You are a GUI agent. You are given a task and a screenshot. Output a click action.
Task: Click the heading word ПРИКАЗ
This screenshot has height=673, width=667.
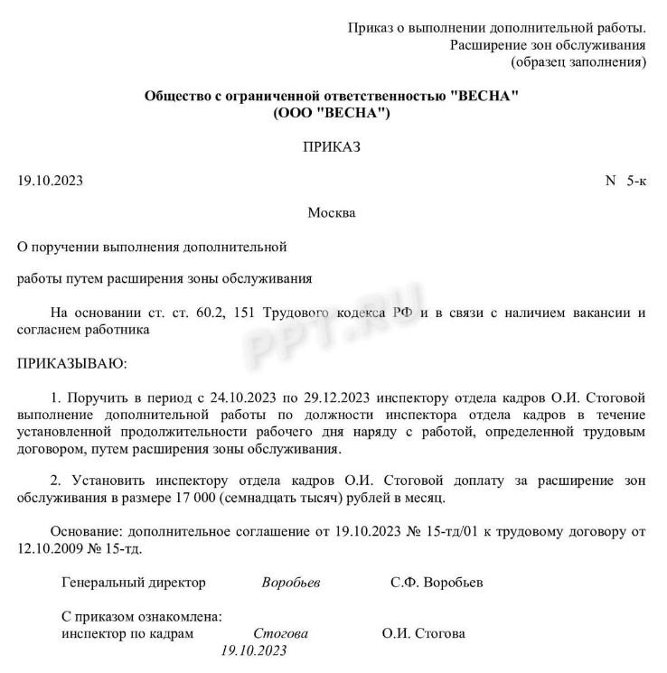[332, 148]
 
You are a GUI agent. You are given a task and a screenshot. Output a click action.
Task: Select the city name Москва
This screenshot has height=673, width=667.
[332, 213]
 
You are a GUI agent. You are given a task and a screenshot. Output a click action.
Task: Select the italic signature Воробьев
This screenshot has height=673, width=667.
[290, 583]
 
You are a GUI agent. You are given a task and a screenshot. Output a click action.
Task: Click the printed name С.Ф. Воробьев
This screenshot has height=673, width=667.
[437, 583]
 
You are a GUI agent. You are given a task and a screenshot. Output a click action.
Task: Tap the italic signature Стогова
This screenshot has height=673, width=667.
[280, 633]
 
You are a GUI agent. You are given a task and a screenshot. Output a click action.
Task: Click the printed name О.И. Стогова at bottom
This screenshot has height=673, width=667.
[424, 633]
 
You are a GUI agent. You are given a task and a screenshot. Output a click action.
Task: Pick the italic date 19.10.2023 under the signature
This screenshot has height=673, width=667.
[253, 650]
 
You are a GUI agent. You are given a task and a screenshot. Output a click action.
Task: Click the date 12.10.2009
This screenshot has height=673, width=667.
[51, 548]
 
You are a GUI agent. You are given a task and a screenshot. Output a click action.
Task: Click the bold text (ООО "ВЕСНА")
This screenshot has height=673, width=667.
[332, 113]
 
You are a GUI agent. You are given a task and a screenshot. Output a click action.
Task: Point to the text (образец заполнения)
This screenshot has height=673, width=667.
[578, 62]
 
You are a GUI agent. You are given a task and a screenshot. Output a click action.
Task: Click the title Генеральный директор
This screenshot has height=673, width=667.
[133, 583]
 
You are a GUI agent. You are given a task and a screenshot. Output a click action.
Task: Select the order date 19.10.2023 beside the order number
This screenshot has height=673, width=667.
[51, 181]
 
